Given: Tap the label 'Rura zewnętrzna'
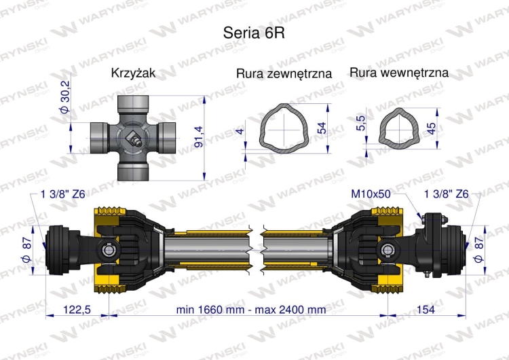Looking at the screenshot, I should (284, 73).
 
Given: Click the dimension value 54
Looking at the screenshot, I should (323, 126).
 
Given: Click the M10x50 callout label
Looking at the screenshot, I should (371, 194).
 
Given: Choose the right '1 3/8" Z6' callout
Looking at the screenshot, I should (446, 194).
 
